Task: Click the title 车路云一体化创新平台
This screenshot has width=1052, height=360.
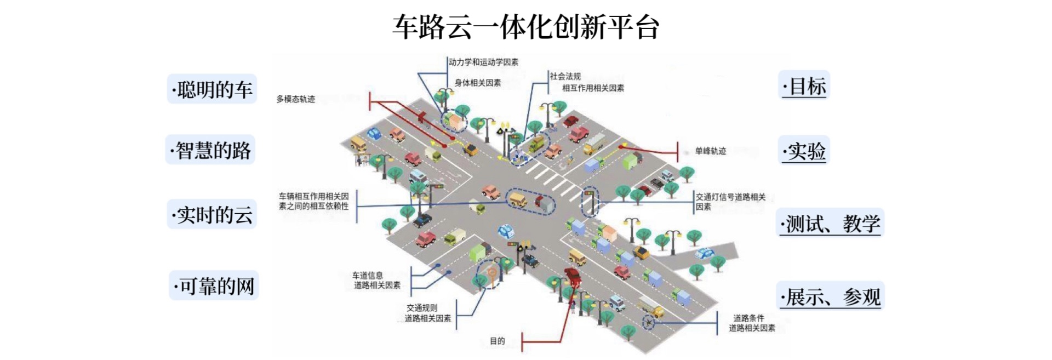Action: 525,26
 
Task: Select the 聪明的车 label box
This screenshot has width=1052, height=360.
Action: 212,89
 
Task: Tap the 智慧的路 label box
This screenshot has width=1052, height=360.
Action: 211,150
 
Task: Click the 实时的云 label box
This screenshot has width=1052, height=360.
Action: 212,215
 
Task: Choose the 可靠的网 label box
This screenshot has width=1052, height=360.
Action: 214,285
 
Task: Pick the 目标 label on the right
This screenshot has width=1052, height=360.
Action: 804,86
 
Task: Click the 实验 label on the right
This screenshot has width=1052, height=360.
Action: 804,151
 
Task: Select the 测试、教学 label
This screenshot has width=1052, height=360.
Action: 830,224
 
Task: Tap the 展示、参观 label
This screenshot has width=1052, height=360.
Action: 831,297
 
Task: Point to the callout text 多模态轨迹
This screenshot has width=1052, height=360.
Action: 295,99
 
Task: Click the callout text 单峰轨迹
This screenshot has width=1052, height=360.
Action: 710,151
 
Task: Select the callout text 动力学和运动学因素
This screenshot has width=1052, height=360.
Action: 483,62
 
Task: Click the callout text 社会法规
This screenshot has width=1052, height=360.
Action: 565,77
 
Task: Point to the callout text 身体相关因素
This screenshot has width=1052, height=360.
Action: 477,83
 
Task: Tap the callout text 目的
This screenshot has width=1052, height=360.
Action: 497,341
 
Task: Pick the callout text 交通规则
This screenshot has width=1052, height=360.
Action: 422,308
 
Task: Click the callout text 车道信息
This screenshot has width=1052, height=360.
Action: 368,276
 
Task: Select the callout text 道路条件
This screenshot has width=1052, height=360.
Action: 748,318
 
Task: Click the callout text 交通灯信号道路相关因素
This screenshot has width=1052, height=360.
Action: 730,202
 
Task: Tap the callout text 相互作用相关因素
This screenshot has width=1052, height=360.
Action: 593,88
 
